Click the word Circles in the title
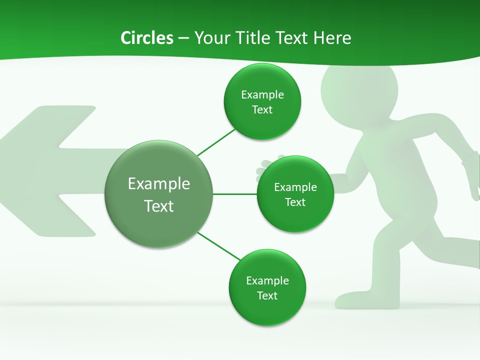(x=147, y=38)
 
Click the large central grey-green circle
(x=159, y=220)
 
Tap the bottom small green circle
(x=267, y=310)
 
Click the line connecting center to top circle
(x=216, y=142)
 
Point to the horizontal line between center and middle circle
(x=235, y=194)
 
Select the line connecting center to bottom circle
(x=219, y=245)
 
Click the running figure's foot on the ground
(x=350, y=300)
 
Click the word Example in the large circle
(x=159, y=183)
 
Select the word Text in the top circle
(x=262, y=110)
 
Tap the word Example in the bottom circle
(x=267, y=280)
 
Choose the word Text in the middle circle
(x=295, y=202)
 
